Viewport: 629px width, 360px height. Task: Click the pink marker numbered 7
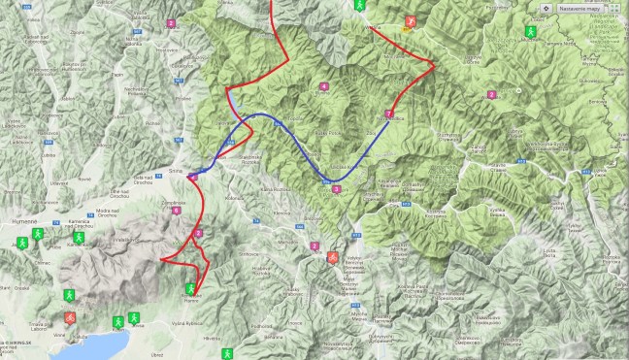(388, 114)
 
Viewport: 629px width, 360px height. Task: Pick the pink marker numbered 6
(177, 210)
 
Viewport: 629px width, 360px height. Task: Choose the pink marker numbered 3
(336, 189)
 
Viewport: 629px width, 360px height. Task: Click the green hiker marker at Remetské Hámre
(190, 288)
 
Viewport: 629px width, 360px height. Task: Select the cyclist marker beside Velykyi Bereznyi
(333, 257)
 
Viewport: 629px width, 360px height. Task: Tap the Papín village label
(118, 73)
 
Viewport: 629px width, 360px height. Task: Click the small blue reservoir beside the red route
(231, 100)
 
